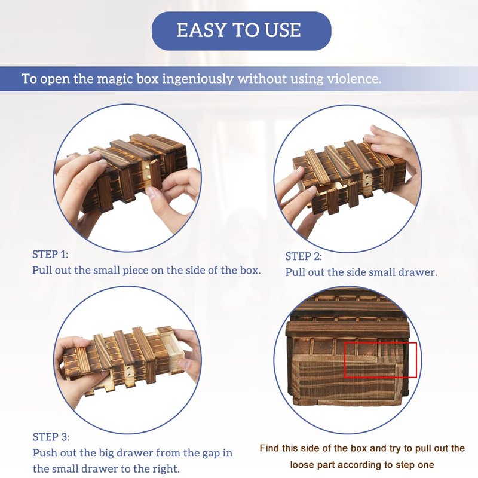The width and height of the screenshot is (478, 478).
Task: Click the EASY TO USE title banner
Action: [x=241, y=31]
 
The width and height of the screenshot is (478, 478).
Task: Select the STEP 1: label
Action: [x=50, y=255]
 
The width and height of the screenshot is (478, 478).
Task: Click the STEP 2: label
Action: [x=304, y=256]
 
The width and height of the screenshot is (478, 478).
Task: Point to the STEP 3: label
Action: [x=51, y=437]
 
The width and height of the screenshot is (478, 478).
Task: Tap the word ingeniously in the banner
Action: [x=198, y=79]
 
